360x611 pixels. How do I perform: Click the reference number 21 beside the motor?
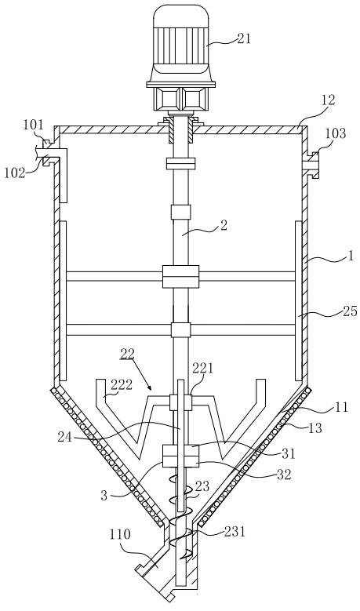click(243, 38)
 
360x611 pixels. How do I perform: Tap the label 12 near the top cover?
click(328, 100)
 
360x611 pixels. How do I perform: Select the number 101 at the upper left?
click(33, 125)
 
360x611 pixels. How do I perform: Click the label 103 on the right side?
click(335, 133)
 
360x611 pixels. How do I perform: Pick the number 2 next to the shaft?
click(224, 226)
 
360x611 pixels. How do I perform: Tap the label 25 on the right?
click(350, 311)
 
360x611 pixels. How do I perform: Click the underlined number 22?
click(127, 354)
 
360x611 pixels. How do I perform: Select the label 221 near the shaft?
click(202, 368)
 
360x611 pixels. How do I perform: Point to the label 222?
click(122, 385)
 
